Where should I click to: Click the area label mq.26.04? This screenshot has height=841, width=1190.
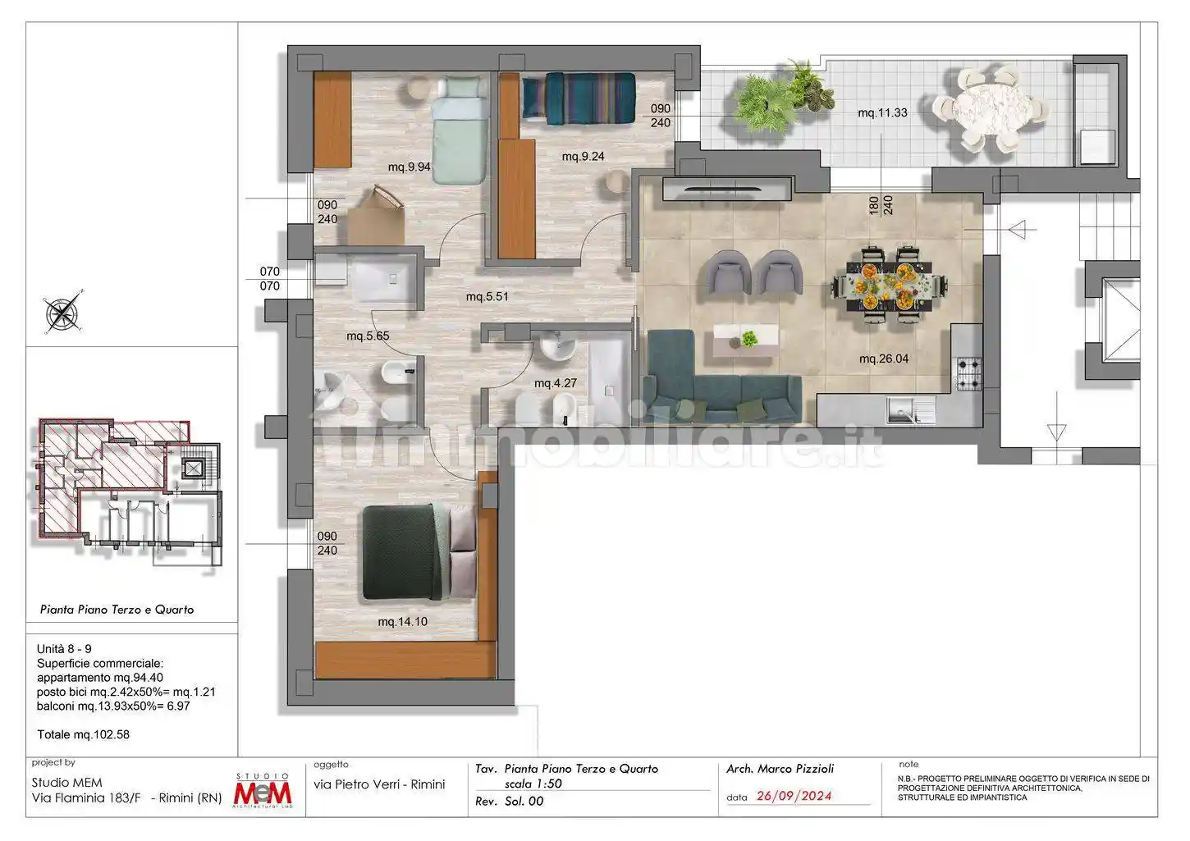pos(884,359)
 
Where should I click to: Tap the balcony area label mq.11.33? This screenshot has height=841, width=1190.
pos(882,112)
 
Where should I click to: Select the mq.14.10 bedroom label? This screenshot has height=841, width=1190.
pos(402,622)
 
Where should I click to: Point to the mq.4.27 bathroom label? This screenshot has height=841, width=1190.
pos(555,383)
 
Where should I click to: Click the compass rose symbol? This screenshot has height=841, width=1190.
pos(63,312)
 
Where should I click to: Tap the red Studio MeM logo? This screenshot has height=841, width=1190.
pos(263,790)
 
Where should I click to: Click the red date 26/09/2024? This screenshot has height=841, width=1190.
pos(794,796)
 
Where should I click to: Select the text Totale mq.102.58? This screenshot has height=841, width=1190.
pos(84,734)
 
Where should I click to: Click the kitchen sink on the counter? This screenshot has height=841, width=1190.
pos(911,411)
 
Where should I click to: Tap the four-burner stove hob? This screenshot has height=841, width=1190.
pos(969,373)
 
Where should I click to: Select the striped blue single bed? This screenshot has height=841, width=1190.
pos(579,98)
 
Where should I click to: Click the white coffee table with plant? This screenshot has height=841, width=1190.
pos(745,340)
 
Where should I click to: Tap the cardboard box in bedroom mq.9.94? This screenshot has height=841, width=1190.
pos(377,217)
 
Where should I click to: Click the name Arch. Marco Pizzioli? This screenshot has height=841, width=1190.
pos(780,769)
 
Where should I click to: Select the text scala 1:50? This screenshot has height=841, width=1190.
pos(533,784)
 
